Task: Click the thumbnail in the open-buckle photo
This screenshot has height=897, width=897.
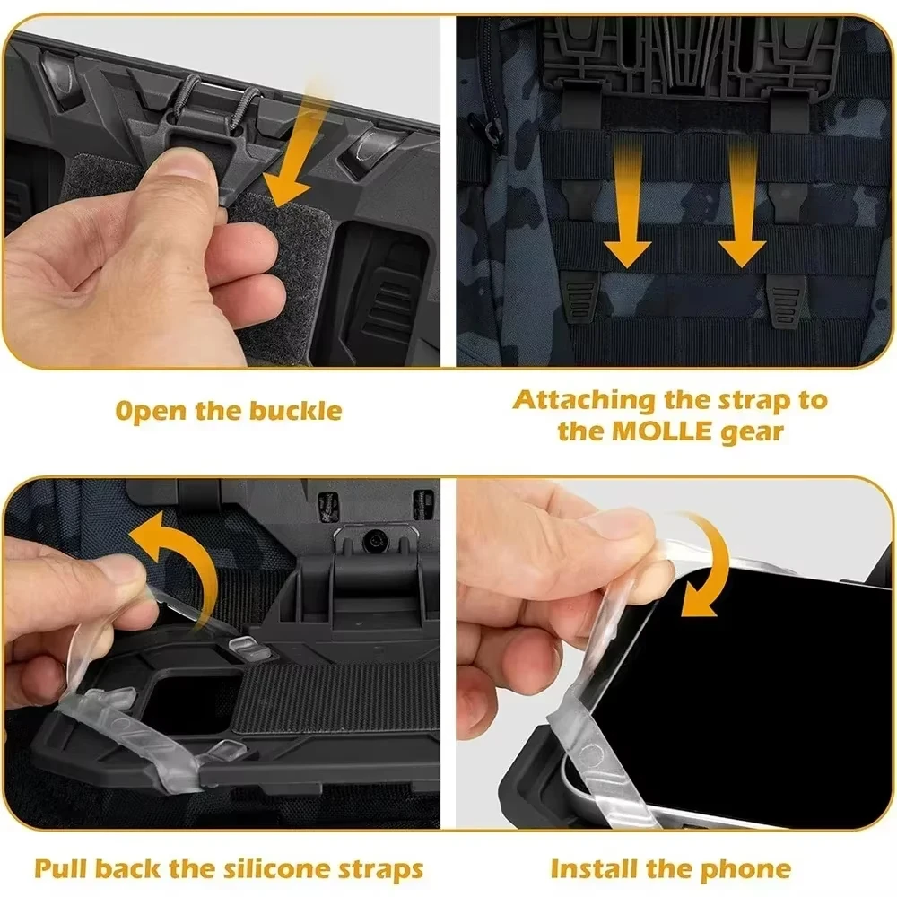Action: (x=184, y=166)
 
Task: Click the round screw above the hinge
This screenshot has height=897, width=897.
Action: (x=373, y=541)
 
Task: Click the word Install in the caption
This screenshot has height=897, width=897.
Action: (x=594, y=868)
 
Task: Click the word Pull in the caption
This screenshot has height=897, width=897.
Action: (x=63, y=868)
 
